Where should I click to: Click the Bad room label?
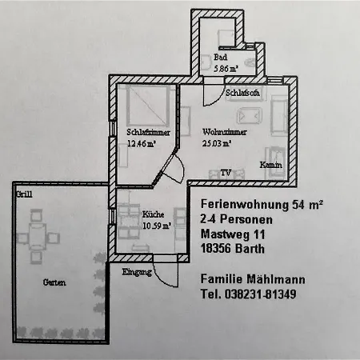[220, 57]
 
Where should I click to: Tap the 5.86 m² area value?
[226, 69]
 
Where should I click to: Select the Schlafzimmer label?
[148, 132]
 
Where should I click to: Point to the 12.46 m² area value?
[141, 144]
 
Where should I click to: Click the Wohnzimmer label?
[225, 132]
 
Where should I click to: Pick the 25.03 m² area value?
[216, 143]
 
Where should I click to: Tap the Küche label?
[153, 214]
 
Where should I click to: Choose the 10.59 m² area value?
[157, 226]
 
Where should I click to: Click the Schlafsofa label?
[242, 93]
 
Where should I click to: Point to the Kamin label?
[271, 165]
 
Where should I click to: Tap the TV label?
[226, 173]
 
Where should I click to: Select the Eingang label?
[137, 272]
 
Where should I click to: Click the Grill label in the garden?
[24, 194]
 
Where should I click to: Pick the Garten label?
[54, 282]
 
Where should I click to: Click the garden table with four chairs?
[38, 237]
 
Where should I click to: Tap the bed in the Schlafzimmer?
[148, 106]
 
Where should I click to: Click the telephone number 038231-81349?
[260, 294]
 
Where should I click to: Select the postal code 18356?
[216, 249]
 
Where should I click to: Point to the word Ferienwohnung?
[245, 205]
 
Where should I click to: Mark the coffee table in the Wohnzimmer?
[250, 116]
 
